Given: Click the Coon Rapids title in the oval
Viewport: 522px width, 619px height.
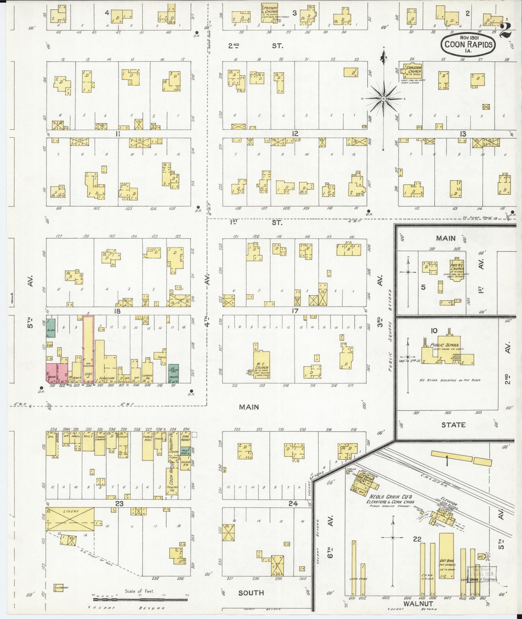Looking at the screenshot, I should click(x=468, y=45).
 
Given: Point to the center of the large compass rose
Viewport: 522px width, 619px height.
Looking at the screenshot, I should click(x=384, y=98).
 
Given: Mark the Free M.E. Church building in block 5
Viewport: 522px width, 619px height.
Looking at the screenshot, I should click(x=457, y=269).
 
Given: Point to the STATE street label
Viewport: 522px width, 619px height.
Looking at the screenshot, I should click(x=453, y=425).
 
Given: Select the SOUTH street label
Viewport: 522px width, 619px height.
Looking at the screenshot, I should click(x=251, y=593).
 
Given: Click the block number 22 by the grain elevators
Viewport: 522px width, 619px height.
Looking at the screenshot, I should click(x=417, y=539).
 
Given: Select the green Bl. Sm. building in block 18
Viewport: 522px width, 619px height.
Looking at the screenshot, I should click(x=51, y=328).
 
